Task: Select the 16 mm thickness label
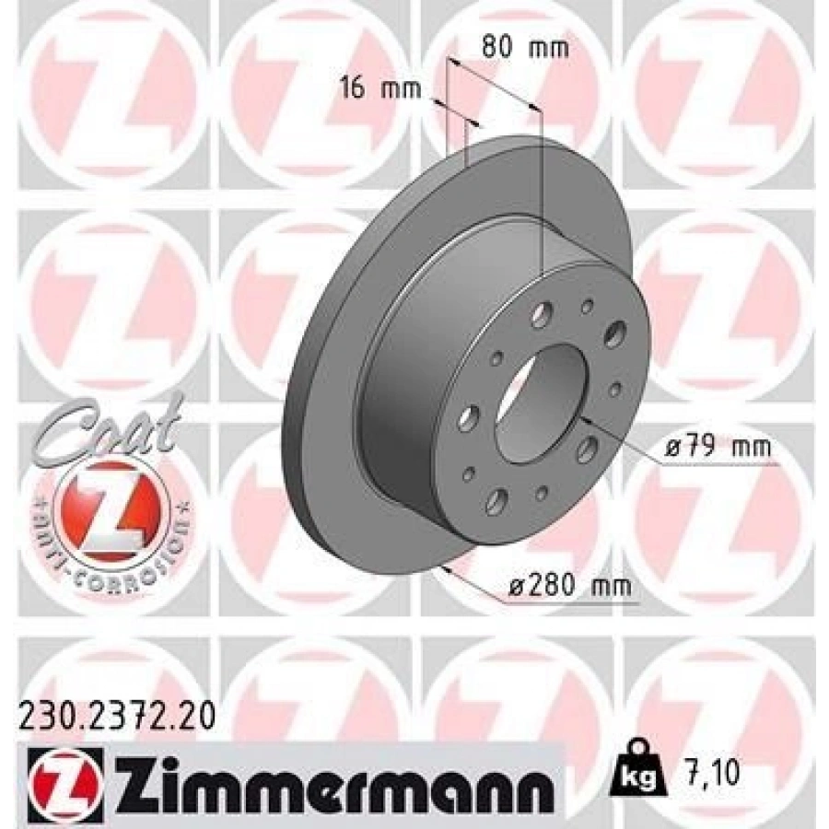pyautogui.click(x=379, y=89)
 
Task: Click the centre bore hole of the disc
pyautogui.click(x=538, y=406)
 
